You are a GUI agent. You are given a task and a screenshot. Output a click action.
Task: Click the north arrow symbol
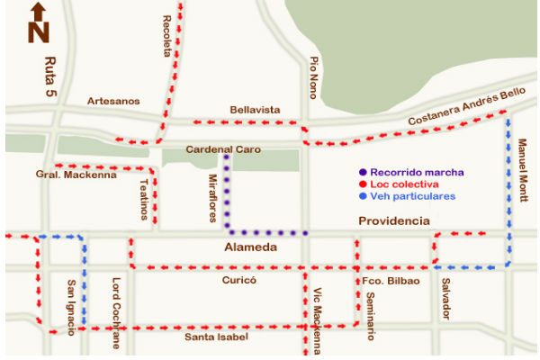pos(38,22)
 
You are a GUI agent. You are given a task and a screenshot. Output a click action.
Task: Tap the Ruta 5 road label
pos(49,76)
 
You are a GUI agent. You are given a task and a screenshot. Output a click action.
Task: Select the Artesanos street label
pos(113,101)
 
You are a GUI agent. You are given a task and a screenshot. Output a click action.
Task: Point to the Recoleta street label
pos(167,36)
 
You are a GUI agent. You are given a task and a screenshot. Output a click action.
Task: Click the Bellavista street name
pos(255,109)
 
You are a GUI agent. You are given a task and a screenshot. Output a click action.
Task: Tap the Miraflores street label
pos(213,194)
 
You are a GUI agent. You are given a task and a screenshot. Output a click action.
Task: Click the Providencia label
pos(393,221)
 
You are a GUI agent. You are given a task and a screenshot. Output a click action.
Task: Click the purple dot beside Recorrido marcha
pos(362,171)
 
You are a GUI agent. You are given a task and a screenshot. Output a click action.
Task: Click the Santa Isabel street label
pos(216,337)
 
